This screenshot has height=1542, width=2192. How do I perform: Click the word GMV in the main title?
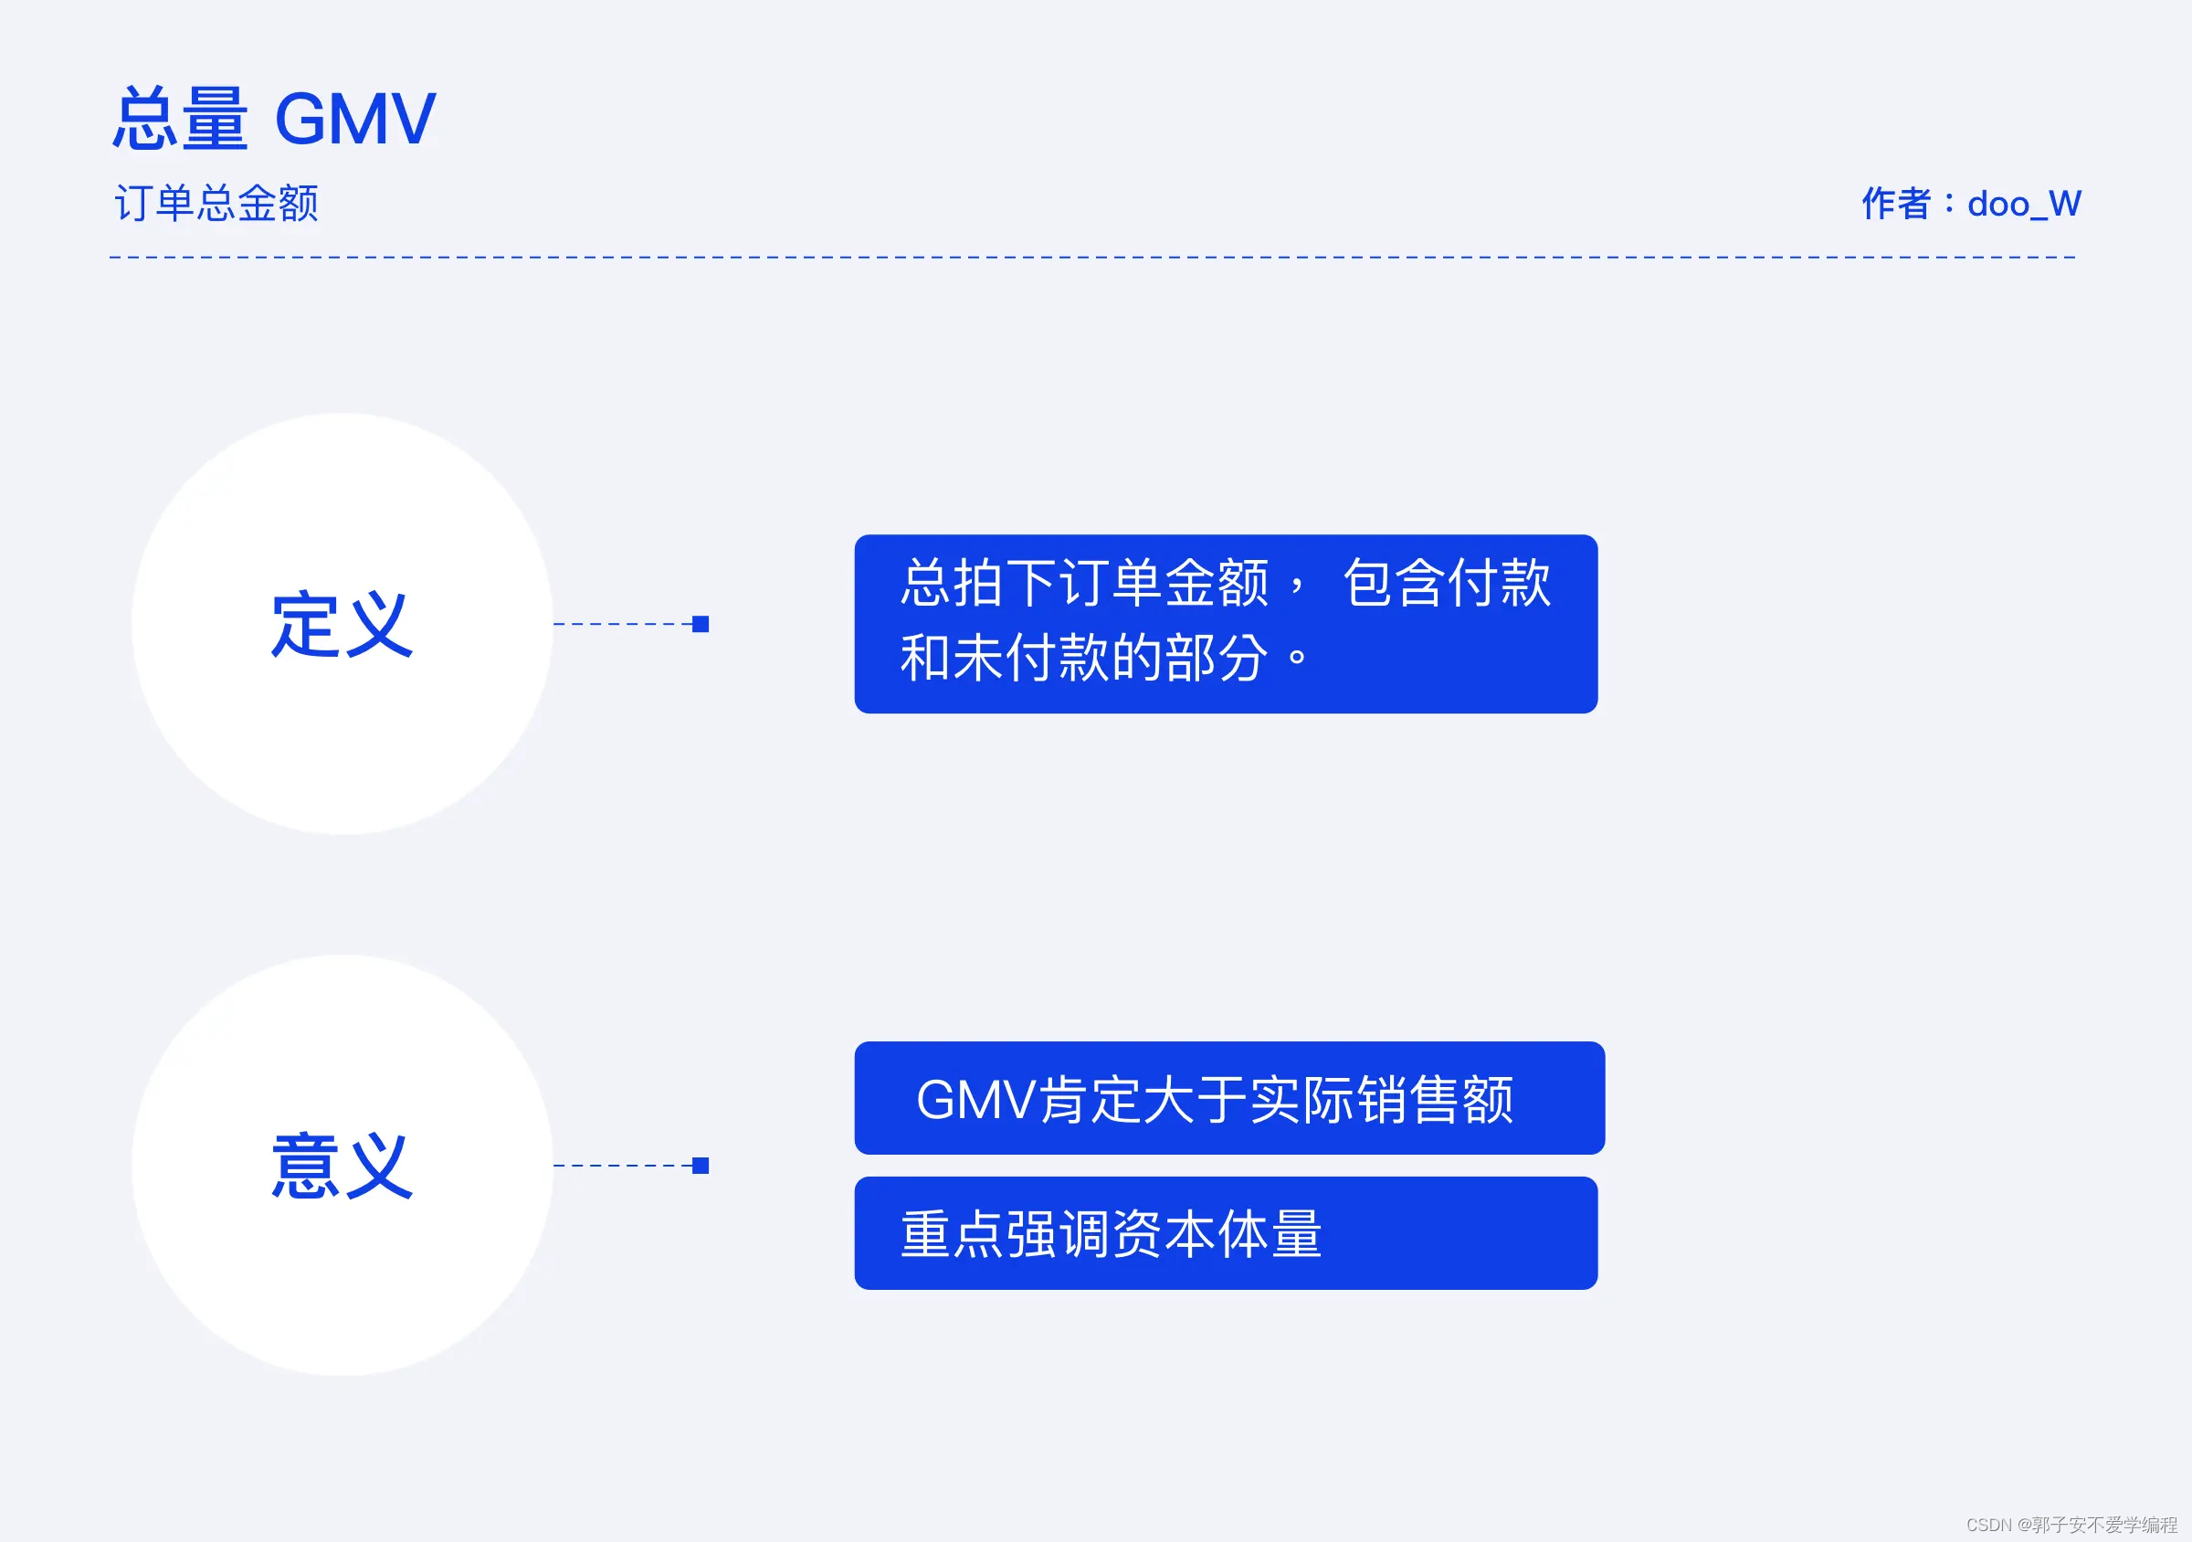pyautogui.click(x=355, y=120)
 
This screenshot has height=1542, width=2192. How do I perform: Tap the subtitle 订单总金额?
pyautogui.click(x=216, y=204)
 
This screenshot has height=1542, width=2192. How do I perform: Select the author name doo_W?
pyautogui.click(x=2024, y=204)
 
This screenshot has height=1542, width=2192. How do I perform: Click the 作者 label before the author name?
pyautogui.click(x=1896, y=204)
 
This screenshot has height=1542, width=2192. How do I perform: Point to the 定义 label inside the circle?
pyautogui.click(x=342, y=625)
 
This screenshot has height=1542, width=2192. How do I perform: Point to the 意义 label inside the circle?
pyautogui.click(x=342, y=1166)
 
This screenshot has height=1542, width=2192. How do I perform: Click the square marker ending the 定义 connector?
pyautogui.click(x=701, y=625)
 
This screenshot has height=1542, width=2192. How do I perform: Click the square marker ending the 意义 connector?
pyautogui.click(x=701, y=1166)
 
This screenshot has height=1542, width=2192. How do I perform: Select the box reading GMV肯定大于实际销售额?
pyautogui.click(x=1228, y=1098)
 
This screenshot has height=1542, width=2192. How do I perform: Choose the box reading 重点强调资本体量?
pyautogui.click(x=1226, y=1233)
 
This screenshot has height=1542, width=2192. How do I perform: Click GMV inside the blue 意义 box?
pyautogui.click(x=975, y=1099)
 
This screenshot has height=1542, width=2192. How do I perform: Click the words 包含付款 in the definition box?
pyautogui.click(x=1447, y=583)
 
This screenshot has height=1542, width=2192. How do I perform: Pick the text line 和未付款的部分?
pyautogui.click(x=1083, y=658)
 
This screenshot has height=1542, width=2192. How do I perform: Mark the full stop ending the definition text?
pyautogui.click(x=1298, y=658)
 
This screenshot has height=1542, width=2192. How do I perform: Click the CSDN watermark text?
pyautogui.click(x=2071, y=1525)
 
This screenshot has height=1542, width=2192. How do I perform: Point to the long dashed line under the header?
pyautogui.click(x=1093, y=258)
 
